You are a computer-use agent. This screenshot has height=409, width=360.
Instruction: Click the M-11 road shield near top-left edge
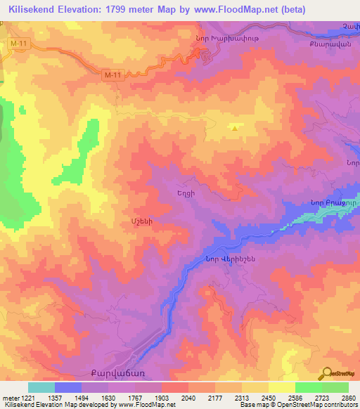click(x=19, y=45)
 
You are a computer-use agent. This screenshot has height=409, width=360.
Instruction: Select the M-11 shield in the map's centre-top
click(x=112, y=74)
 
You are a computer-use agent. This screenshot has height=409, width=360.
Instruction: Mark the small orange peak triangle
click(x=235, y=128)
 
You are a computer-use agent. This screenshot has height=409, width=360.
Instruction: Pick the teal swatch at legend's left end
click(x=41, y=387)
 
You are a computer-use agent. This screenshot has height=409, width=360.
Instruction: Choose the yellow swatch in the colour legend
click(x=281, y=387)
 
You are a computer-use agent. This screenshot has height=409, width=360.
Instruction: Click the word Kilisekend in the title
click(x=38, y=10)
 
